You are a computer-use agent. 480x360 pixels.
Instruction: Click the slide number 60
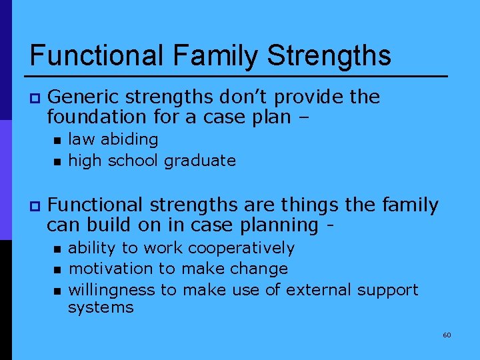(x=447, y=335)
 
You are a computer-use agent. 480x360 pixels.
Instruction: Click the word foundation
(x=93, y=117)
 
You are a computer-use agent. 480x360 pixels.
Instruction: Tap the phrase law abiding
(x=113, y=139)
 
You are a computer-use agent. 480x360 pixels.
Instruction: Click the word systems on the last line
(x=101, y=307)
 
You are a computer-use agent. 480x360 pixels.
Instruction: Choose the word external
(x=317, y=290)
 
